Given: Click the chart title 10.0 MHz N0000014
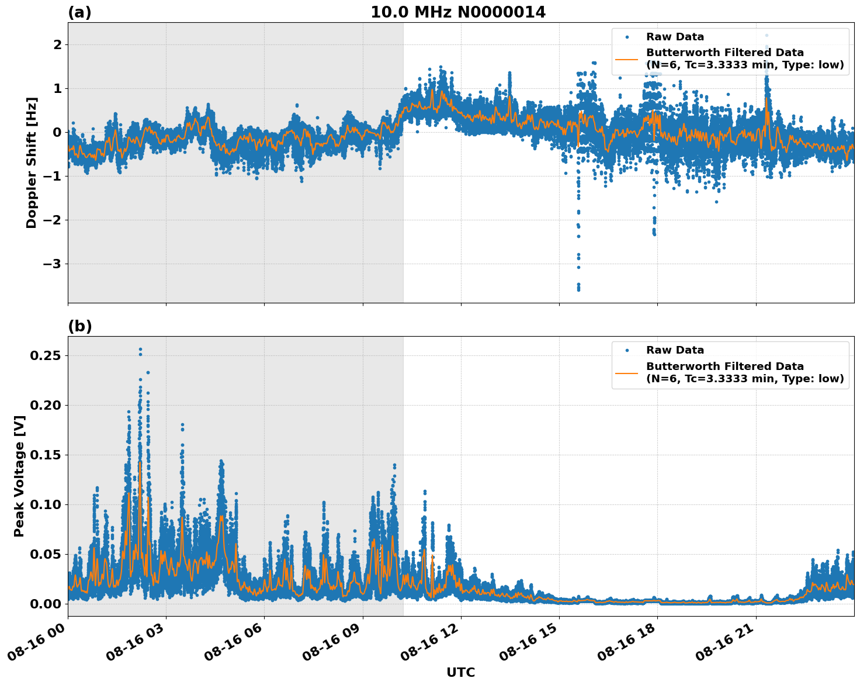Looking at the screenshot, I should pos(457,12).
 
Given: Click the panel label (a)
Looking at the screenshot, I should pos(79,12).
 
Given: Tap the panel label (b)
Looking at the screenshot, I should pos(79,326).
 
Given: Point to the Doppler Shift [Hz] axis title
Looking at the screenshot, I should pos(32,162).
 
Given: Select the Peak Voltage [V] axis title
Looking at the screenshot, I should pos(19,476).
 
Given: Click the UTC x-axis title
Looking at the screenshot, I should pos(460,672).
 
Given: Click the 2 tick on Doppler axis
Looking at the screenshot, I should pos(57,45).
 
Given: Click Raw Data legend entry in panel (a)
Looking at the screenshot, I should pos(675,37).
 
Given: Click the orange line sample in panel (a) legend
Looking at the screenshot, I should pos(627,59).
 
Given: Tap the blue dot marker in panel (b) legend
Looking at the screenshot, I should pos(627,350).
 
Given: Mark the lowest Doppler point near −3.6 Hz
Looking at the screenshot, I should pos(578,289).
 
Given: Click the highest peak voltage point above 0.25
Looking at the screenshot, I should pos(140,350).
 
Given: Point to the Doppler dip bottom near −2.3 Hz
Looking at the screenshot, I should pos(654,234).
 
